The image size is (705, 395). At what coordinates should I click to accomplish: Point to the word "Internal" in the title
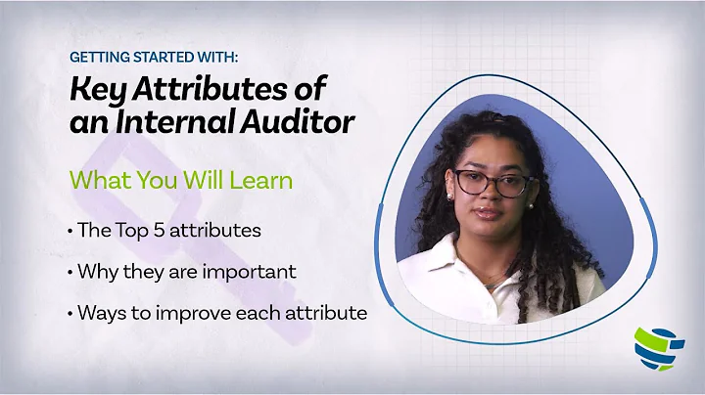[x=177, y=124]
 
